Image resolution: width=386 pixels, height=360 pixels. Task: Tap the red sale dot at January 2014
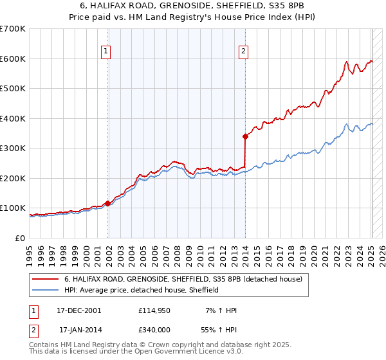[245, 136]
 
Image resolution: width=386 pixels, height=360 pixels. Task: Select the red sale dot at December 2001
[107, 203]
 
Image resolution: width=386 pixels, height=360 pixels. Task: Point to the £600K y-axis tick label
[13, 59]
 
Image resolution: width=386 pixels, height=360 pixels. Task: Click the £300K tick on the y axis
[13, 148]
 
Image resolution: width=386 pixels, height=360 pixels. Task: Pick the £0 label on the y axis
[19, 238]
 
